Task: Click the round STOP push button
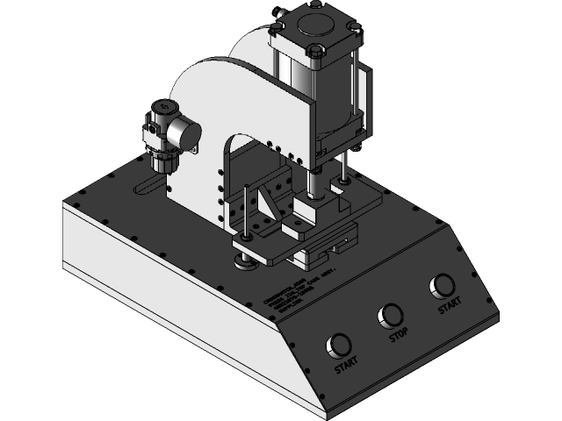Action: [x=389, y=315]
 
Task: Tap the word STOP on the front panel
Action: [x=399, y=335]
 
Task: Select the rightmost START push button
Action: [x=443, y=286]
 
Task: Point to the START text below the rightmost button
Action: [x=449, y=307]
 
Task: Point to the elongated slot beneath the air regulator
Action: [x=149, y=187]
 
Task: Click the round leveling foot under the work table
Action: [x=244, y=260]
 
